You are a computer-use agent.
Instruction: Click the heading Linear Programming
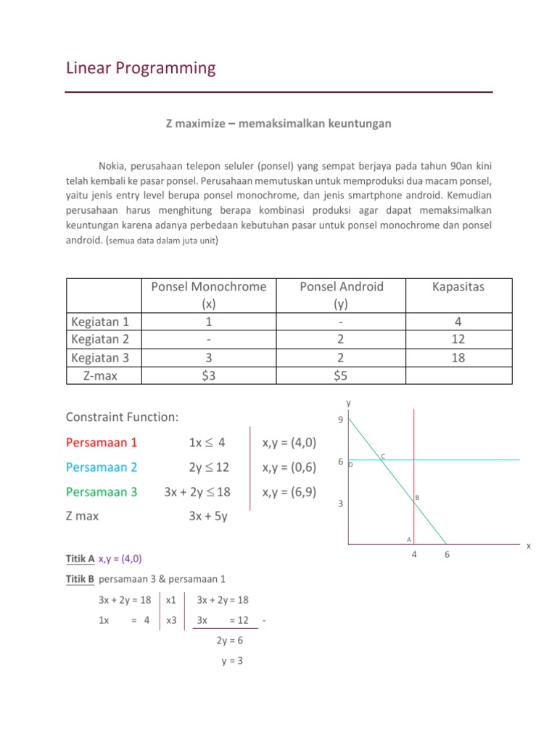(141, 69)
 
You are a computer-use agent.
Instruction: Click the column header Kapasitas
(458, 287)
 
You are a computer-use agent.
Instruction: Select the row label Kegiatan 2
(102, 339)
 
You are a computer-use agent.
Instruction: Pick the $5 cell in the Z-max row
(341, 375)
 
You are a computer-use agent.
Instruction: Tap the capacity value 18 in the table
(458, 357)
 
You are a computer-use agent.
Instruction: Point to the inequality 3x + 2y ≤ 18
(197, 492)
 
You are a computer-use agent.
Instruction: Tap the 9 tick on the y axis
(341, 420)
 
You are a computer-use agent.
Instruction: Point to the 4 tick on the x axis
(414, 556)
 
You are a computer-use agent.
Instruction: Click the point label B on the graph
(417, 498)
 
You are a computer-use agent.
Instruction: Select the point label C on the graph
(383, 456)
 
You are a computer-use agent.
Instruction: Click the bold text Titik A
(80, 559)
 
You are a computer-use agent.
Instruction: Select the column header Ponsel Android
(341, 287)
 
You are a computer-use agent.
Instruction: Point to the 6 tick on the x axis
(447, 556)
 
